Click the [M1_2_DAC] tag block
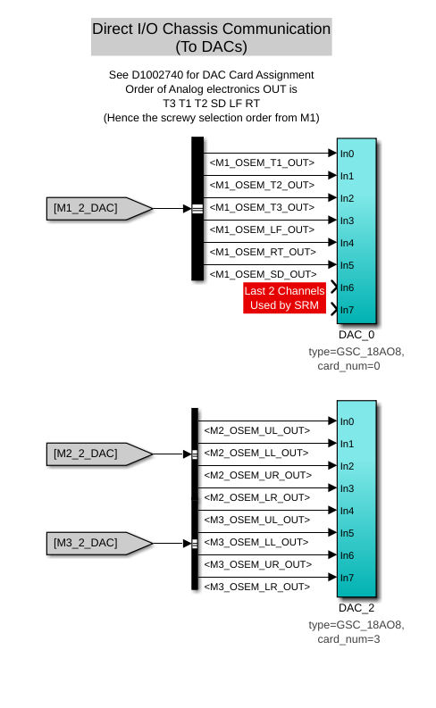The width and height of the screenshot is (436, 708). click(99, 209)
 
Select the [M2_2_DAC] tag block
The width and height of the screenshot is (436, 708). click(99, 454)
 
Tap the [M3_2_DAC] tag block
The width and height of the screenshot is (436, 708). click(99, 543)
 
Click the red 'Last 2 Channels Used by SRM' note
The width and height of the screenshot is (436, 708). click(285, 298)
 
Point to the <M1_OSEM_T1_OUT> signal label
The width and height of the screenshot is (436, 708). click(262, 162)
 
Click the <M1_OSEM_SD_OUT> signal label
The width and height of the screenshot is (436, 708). click(263, 274)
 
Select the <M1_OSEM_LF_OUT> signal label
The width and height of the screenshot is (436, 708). click(262, 229)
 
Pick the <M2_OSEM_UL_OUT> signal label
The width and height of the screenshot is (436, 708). click(257, 430)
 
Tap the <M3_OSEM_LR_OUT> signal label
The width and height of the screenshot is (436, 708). click(257, 587)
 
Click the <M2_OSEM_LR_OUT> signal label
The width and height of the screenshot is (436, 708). click(257, 497)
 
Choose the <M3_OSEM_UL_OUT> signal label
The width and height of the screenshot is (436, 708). click(257, 520)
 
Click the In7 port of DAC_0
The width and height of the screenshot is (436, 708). click(347, 310)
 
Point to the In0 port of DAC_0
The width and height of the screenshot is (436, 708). click(347, 154)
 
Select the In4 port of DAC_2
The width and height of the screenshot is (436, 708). click(347, 511)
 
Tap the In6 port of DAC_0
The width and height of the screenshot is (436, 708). click(347, 287)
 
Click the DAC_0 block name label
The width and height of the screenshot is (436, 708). click(356, 335)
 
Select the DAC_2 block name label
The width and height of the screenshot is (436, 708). click(356, 608)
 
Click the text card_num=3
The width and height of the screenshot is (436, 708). click(348, 639)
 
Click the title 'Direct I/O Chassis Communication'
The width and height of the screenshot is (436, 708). click(212, 29)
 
